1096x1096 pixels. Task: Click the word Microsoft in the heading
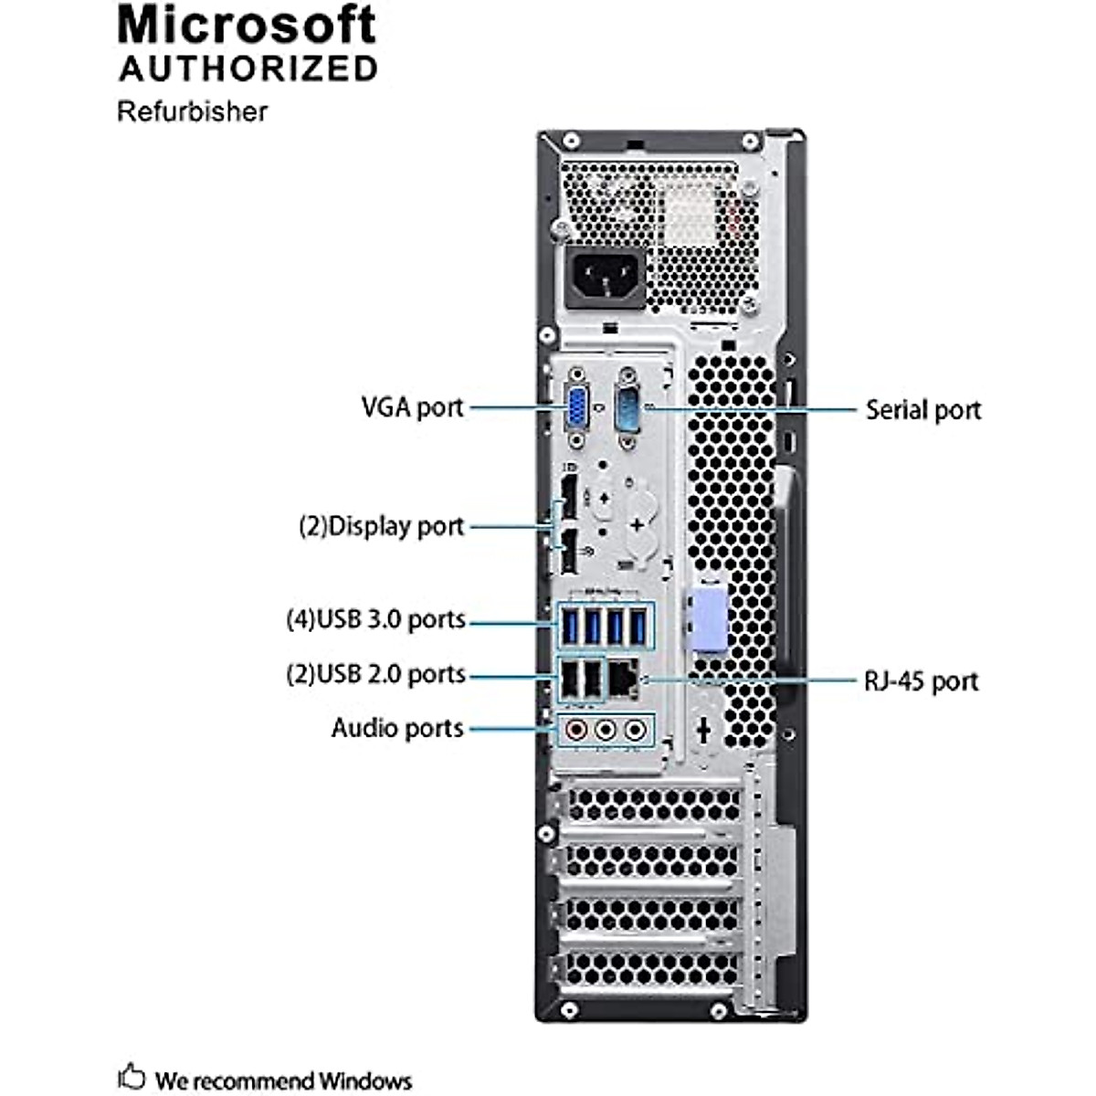[x=247, y=26]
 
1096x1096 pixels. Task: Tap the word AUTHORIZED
[x=248, y=69]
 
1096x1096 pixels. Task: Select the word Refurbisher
[x=192, y=111]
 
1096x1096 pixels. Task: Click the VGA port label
[x=413, y=406]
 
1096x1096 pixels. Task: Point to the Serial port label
[x=922, y=410]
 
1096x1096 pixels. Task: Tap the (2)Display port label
[x=382, y=526]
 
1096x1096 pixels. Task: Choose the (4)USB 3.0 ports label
[x=375, y=619]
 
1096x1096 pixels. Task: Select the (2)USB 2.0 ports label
[x=375, y=674]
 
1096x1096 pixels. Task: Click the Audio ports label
[x=397, y=728]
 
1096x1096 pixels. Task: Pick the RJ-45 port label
[x=920, y=680]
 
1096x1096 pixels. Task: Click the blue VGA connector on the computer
[x=577, y=407]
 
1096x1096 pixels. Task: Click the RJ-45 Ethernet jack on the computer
[x=624, y=678]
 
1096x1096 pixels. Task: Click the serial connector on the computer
[x=628, y=407]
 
